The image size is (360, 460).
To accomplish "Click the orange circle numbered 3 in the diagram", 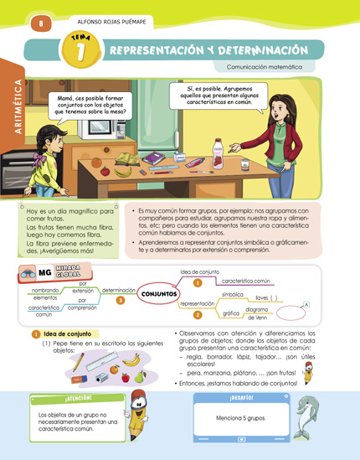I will (121, 300).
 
